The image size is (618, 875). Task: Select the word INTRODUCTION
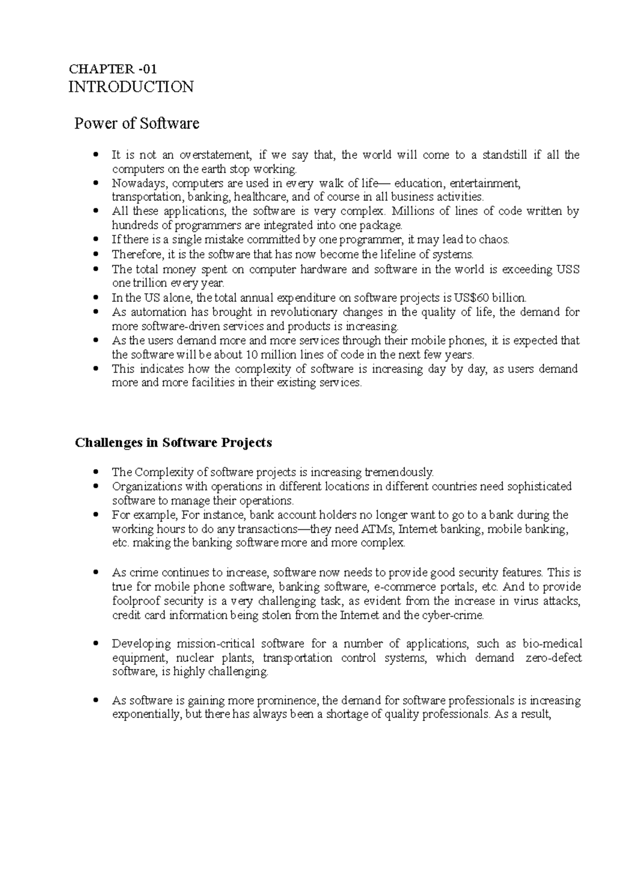click(131, 87)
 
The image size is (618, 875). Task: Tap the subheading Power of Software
click(136, 124)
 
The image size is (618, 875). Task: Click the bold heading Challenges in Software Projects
click(173, 443)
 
